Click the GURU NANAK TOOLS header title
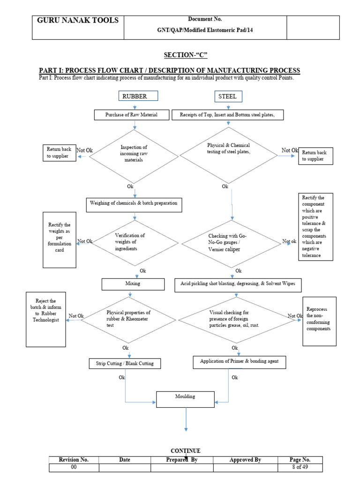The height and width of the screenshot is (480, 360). (x=78, y=21)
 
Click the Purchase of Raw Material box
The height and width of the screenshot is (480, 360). (x=131, y=115)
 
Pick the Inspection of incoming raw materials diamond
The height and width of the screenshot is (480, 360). (x=134, y=154)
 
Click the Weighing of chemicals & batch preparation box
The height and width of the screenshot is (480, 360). (x=134, y=205)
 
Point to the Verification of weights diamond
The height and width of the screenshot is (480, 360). (x=129, y=242)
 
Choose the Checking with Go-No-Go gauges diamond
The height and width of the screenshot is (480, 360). (x=231, y=243)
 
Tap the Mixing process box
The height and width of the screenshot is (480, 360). (x=133, y=284)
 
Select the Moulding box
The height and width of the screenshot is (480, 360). (x=186, y=399)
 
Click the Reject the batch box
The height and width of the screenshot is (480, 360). (x=45, y=319)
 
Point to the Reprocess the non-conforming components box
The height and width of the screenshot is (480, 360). (x=319, y=321)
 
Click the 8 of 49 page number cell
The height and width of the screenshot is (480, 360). (x=300, y=468)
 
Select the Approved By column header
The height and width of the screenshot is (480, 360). (x=245, y=460)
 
